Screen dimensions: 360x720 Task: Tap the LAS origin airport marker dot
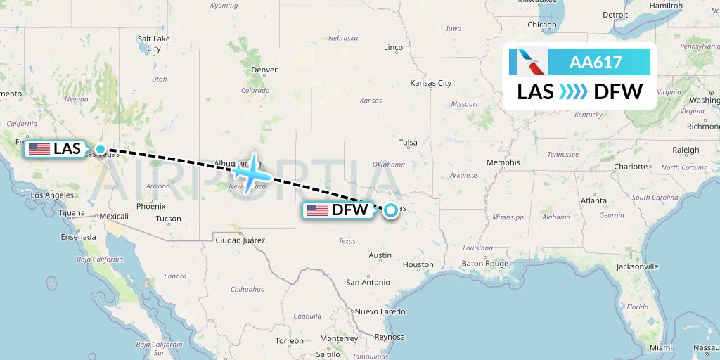pyautogui.click(x=101, y=149)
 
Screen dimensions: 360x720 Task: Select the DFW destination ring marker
pyautogui.click(x=390, y=210)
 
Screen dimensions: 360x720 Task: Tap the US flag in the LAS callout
pyautogui.click(x=39, y=149)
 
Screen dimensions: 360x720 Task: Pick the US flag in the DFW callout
pyautogui.click(x=317, y=210)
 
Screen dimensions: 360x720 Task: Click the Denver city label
pyautogui.click(x=264, y=70)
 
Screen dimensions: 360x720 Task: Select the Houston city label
pyautogui.click(x=418, y=264)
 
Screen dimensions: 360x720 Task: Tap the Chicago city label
pyautogui.click(x=542, y=25)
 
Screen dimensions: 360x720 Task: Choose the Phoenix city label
pyautogui.click(x=150, y=207)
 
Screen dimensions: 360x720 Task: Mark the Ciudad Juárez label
pyautogui.click(x=240, y=240)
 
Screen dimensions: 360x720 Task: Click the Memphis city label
pyautogui.click(x=503, y=162)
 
